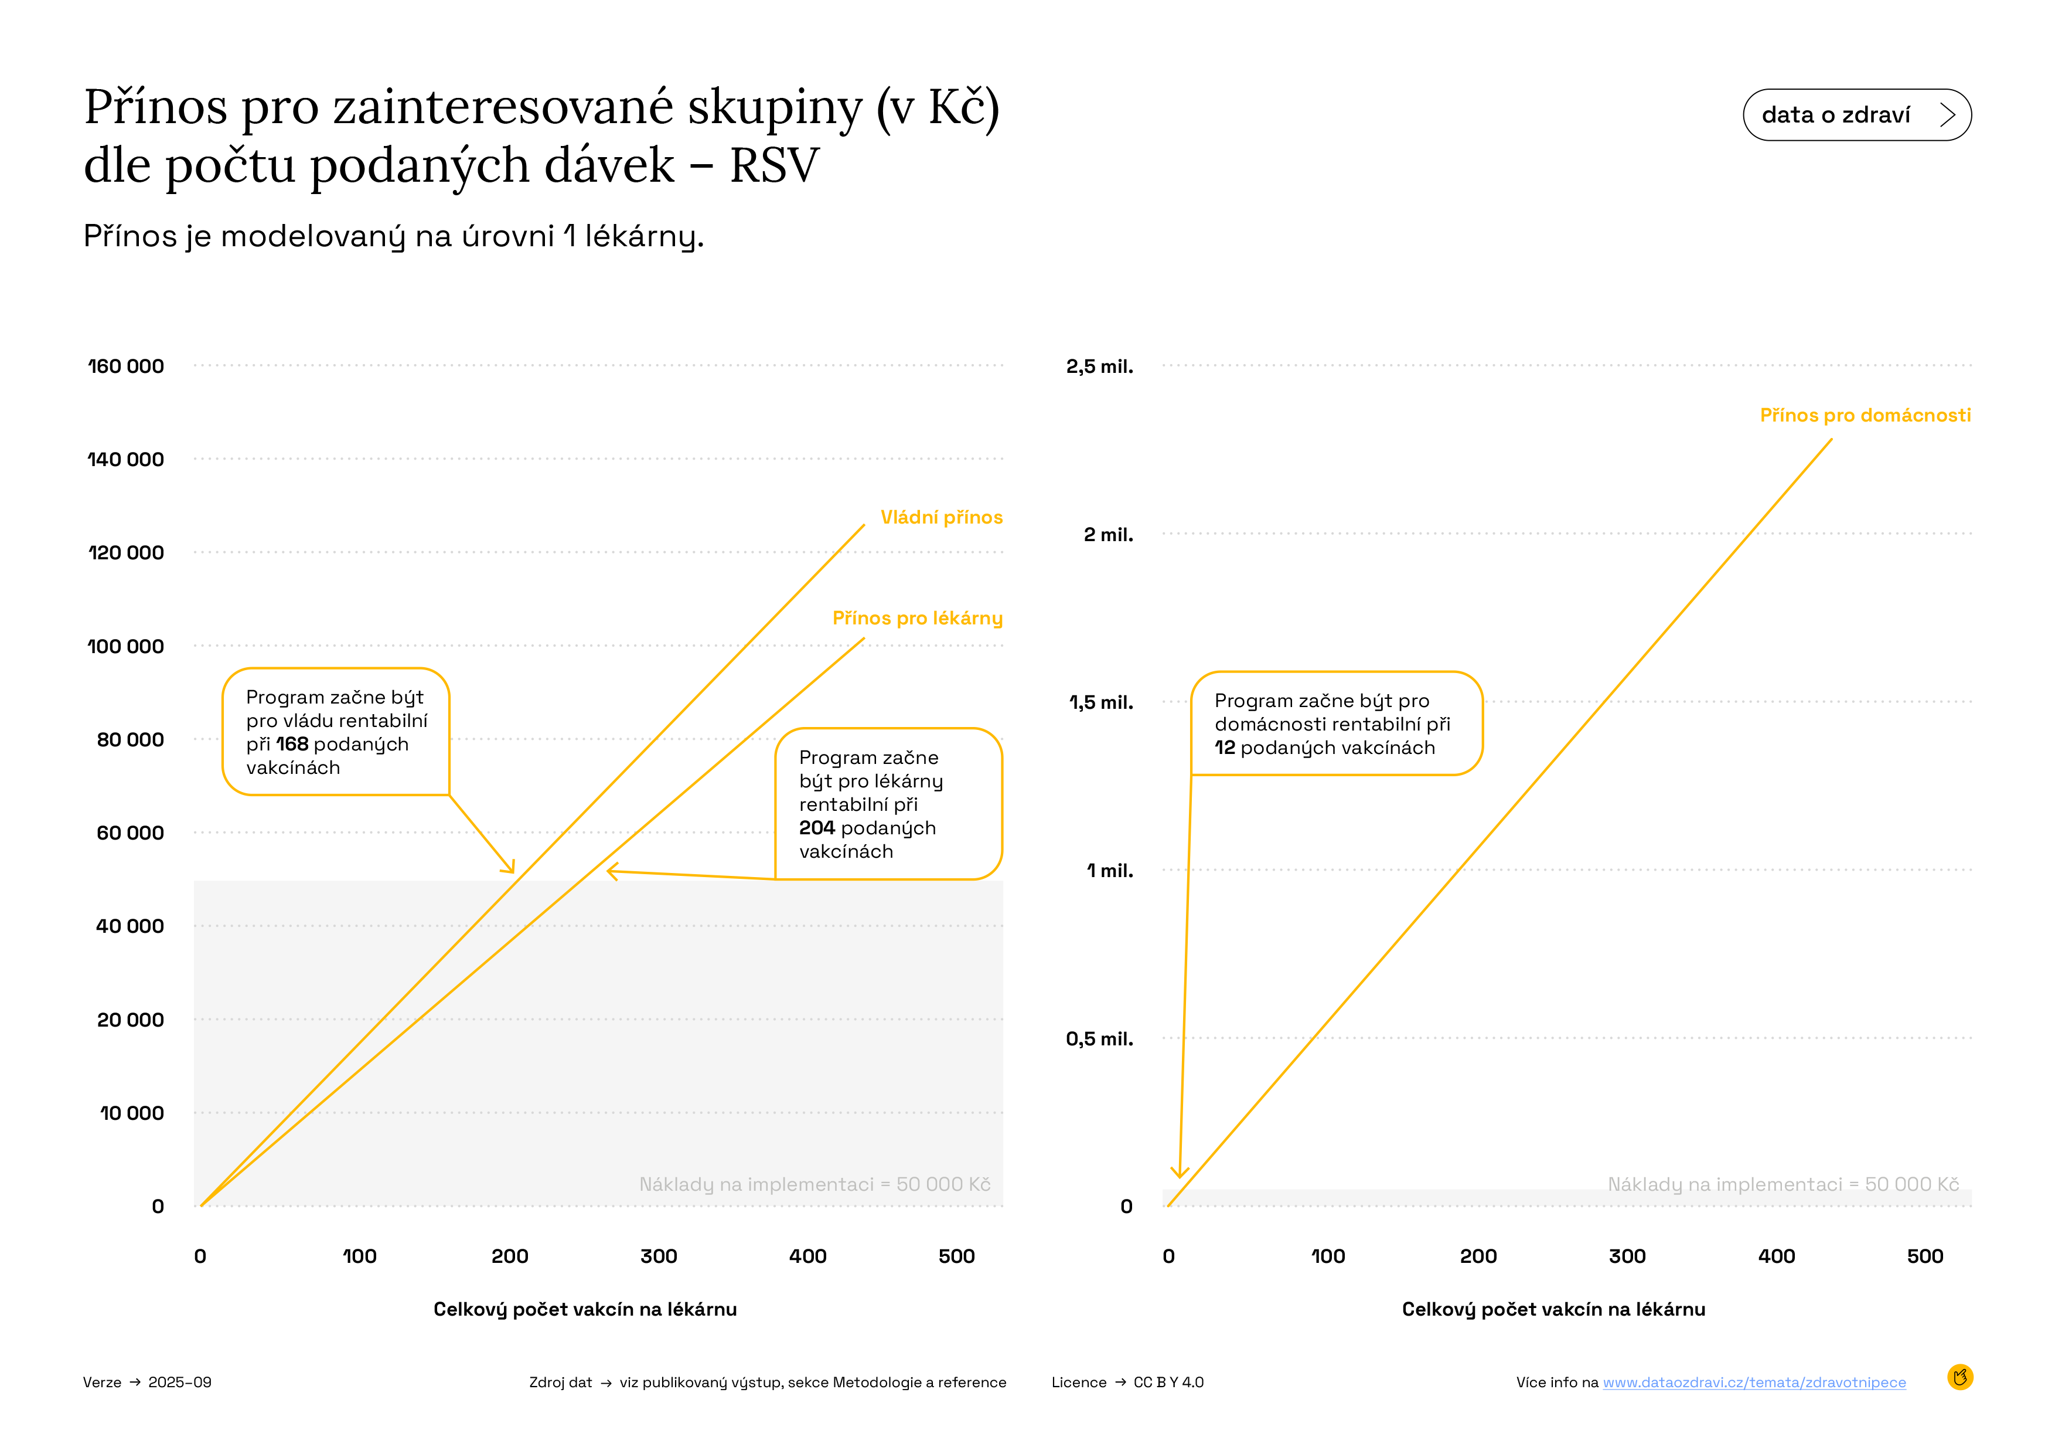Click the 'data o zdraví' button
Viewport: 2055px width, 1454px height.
[1856, 114]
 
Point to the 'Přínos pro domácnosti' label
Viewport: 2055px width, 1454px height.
[1865, 416]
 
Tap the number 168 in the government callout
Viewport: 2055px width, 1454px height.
[292, 744]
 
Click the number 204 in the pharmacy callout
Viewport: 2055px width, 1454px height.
[816, 828]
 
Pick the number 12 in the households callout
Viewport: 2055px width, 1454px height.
[1225, 748]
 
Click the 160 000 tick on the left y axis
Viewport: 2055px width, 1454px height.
[126, 366]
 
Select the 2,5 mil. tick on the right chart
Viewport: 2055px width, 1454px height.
[1099, 366]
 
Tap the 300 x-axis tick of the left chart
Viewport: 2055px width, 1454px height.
[659, 1256]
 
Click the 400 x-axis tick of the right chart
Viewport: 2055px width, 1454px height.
[1775, 1256]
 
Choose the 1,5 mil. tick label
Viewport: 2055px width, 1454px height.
[1101, 703]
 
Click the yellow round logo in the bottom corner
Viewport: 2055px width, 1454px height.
[1959, 1377]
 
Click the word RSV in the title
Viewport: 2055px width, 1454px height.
[774, 166]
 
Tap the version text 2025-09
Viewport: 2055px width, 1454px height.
[180, 1382]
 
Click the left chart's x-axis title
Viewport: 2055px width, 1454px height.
[584, 1309]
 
